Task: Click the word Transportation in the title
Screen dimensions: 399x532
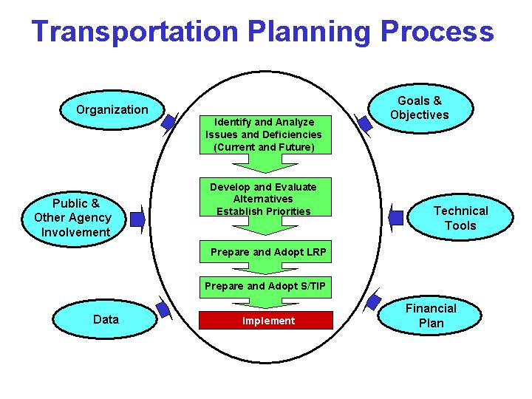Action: point(135,32)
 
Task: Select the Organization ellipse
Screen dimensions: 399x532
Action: point(112,109)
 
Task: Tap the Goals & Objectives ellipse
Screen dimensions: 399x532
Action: point(419,108)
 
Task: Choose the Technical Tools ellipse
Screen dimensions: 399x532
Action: point(460,218)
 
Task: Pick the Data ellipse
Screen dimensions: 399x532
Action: point(106,320)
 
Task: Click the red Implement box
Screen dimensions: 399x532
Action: point(267,321)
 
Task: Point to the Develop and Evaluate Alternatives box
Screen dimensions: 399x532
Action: point(264,198)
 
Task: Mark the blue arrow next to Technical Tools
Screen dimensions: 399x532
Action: point(396,217)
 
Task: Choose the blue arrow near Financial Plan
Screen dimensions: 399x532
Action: point(374,301)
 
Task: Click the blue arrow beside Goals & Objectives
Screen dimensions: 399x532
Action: point(363,123)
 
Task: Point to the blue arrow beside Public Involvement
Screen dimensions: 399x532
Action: point(137,218)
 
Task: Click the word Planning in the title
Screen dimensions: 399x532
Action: point(307,32)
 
